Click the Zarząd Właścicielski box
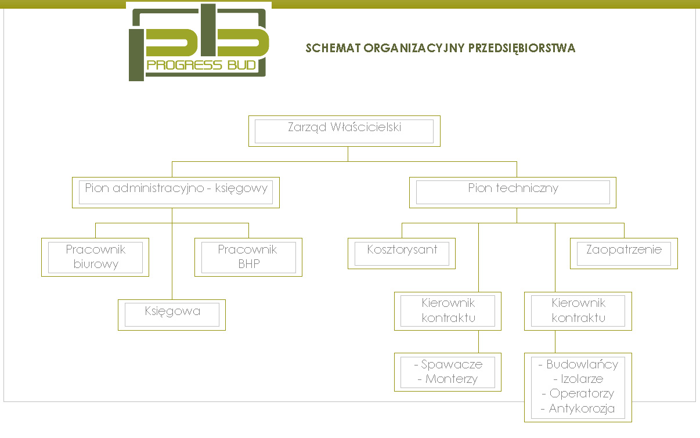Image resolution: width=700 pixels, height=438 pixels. click(x=344, y=131)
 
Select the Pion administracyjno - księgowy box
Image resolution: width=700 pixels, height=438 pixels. click(x=176, y=193)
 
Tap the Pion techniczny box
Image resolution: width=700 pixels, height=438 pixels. click(x=513, y=193)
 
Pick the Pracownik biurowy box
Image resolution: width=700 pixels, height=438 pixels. click(x=95, y=257)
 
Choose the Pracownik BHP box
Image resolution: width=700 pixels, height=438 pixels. click(x=248, y=257)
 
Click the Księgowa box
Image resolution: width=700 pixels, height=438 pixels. click(x=172, y=315)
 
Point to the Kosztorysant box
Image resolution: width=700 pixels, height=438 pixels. click(x=402, y=254)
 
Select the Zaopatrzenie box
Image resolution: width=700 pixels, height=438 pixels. click(x=624, y=254)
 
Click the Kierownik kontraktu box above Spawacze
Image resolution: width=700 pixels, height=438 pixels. click(x=448, y=311)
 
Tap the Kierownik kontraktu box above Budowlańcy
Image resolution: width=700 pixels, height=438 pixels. click(x=578, y=311)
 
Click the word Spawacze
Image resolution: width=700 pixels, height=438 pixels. click(x=452, y=364)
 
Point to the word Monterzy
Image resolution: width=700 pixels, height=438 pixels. click(x=452, y=379)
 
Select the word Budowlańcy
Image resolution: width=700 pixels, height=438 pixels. click(x=582, y=364)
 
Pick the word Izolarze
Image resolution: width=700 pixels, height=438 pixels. click(x=582, y=379)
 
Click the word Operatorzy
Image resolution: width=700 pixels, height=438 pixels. click(x=582, y=394)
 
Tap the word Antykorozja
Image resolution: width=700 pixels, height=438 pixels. click(x=582, y=408)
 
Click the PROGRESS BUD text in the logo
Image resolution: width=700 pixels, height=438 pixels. click(x=201, y=66)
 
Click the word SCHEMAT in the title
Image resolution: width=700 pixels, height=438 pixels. click(x=333, y=48)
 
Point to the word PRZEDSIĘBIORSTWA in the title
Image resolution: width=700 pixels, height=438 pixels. click(x=522, y=48)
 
